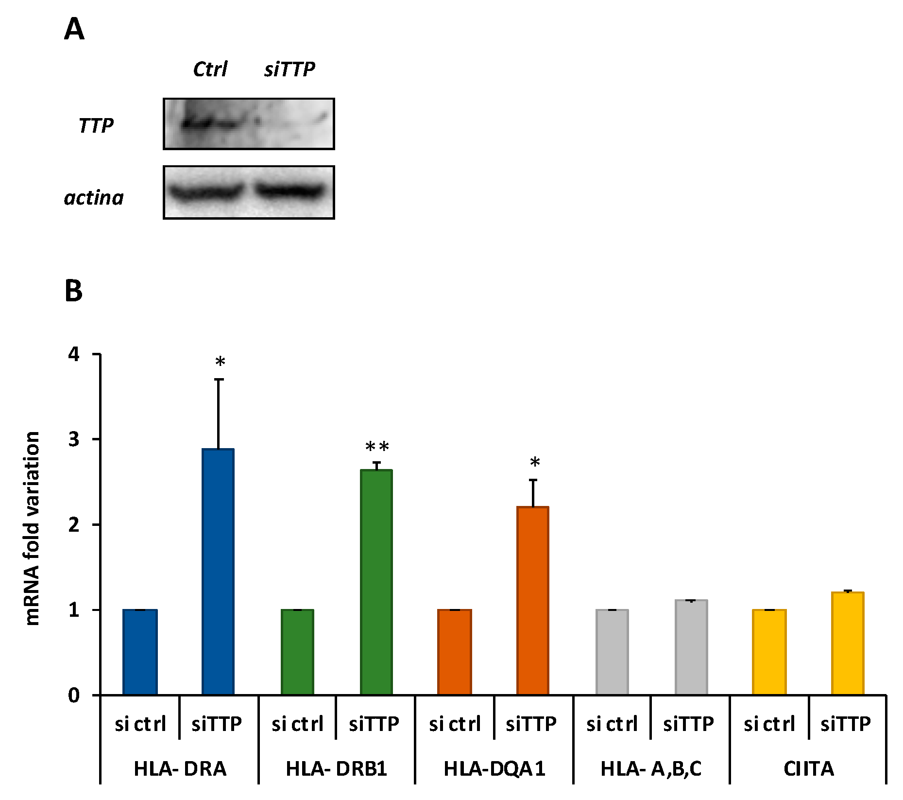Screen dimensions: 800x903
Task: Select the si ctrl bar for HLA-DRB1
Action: click(297, 652)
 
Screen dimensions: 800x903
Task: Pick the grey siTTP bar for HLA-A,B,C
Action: click(691, 647)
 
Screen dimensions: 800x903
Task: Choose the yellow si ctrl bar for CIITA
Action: click(769, 652)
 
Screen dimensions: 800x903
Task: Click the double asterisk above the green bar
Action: click(377, 447)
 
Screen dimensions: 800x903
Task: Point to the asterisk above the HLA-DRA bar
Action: click(220, 363)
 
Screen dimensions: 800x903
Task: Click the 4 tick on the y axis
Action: click(74, 354)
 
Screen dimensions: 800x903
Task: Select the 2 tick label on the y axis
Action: click(74, 524)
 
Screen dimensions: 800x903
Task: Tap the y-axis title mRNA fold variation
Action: click(32, 528)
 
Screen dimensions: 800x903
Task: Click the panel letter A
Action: click(74, 30)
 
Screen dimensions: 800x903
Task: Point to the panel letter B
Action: click(73, 291)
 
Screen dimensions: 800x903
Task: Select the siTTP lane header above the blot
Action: click(290, 70)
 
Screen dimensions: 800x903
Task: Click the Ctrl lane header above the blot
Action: click(210, 70)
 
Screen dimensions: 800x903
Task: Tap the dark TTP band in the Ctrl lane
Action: click(199, 123)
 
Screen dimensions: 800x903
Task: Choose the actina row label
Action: click(94, 198)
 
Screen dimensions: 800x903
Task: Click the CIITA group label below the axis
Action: click(808, 768)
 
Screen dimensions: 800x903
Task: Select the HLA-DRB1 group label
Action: click(337, 768)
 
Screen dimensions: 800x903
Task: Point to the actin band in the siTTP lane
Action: click(290, 191)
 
